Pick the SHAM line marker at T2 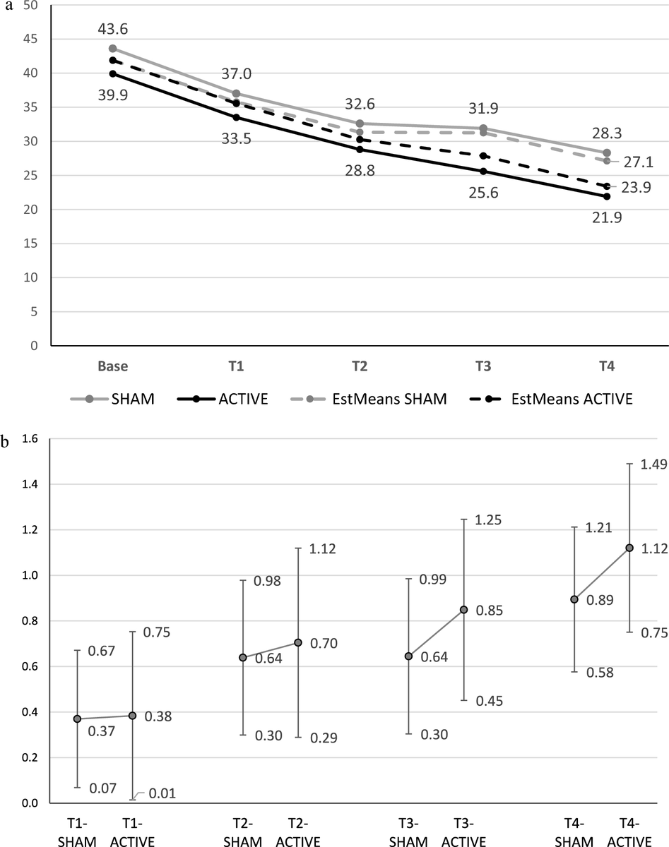point(360,124)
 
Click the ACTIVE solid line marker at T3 point(483,172)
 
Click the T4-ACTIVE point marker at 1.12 point(629,548)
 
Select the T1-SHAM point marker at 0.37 point(77,719)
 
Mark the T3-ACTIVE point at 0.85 point(463,609)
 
